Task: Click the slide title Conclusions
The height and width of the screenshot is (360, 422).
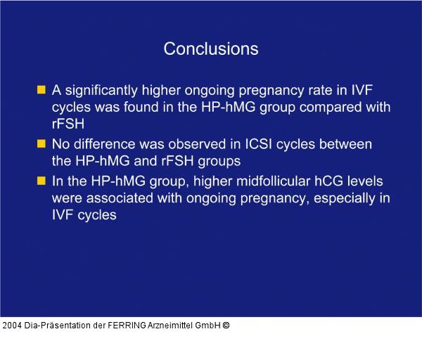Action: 211,49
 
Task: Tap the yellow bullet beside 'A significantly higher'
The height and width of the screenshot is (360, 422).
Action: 41,89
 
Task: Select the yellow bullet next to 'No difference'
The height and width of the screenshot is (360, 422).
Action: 41,143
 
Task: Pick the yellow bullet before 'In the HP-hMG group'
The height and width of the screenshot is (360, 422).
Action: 41,181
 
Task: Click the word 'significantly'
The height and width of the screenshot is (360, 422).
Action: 101,91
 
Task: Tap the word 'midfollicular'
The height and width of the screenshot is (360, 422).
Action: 273,181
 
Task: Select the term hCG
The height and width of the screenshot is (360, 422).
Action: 328,181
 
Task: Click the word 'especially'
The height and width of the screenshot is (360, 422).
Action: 344,198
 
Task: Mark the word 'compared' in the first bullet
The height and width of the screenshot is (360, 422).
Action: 331,108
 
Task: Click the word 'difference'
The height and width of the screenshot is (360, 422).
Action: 105,144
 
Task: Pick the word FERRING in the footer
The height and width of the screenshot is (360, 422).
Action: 127,326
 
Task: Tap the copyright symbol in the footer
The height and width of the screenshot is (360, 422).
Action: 226,326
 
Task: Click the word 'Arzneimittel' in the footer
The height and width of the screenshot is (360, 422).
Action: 170,326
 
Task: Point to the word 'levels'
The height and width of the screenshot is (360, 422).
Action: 365,181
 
